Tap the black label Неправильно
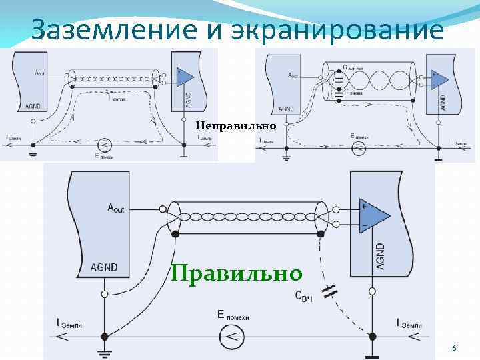(x=225, y=125)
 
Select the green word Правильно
(x=236, y=273)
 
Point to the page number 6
(x=454, y=349)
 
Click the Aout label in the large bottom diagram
(x=116, y=207)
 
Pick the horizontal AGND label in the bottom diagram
(x=104, y=268)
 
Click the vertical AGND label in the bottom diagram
(x=381, y=253)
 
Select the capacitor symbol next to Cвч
(x=328, y=290)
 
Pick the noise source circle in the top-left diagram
(x=103, y=144)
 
